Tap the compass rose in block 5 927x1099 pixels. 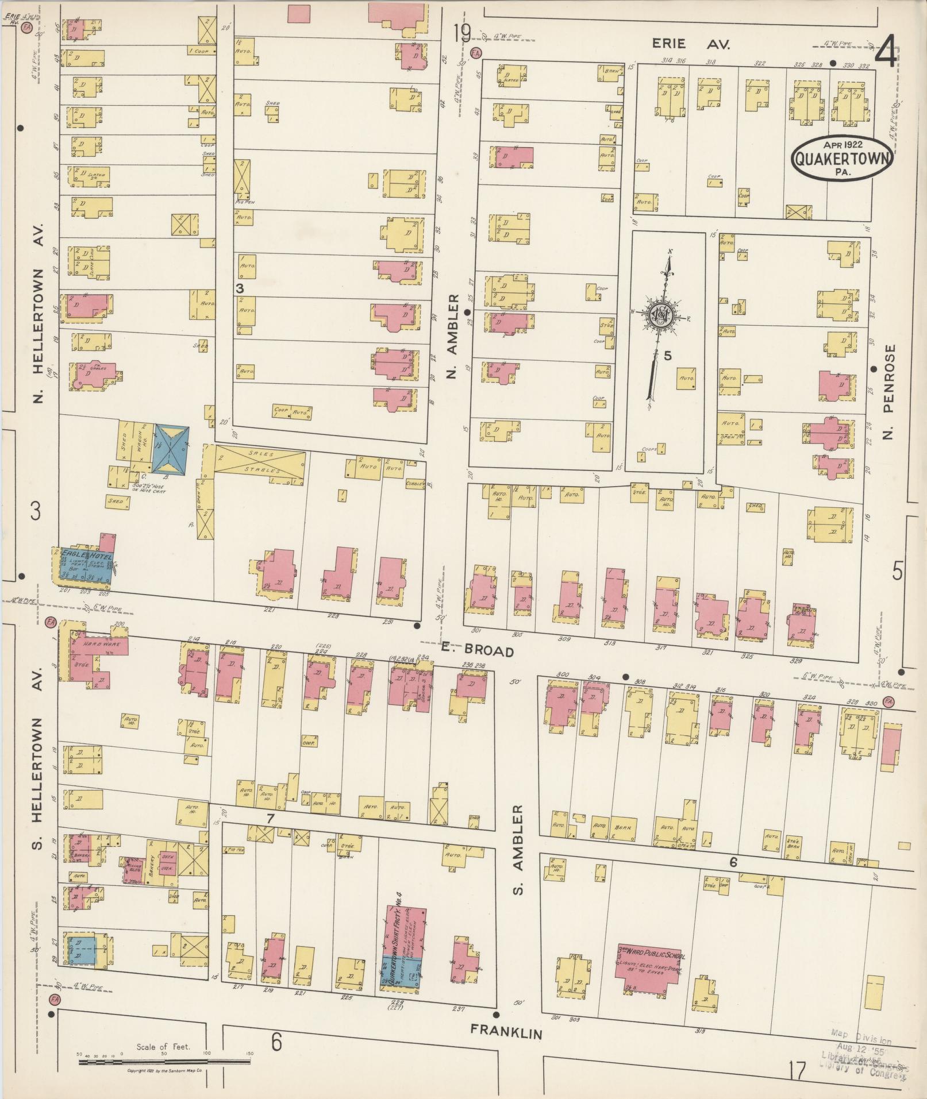(661, 315)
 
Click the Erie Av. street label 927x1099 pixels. (691, 44)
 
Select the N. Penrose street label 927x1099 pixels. (889, 392)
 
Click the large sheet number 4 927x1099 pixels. (886, 54)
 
